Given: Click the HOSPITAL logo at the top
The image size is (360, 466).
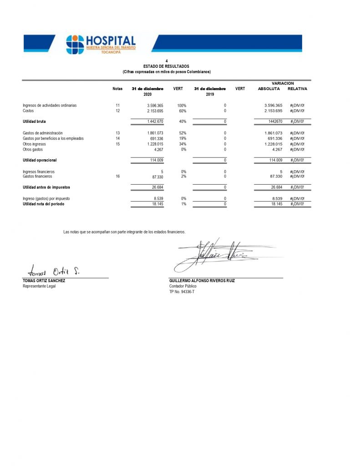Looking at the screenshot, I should (101, 45).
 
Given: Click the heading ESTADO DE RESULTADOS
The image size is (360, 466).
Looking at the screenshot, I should (166, 66).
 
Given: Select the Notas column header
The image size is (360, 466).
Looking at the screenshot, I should (117, 89).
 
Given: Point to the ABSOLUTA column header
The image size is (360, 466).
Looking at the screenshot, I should (269, 89).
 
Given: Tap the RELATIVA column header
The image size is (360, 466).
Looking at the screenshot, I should (298, 89).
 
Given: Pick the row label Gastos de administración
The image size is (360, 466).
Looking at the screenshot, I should (43, 133).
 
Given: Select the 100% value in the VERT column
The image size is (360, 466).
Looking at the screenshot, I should (182, 106).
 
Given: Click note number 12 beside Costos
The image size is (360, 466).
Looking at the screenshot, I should (117, 111).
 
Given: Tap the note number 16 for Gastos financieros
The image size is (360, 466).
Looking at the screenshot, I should (117, 176).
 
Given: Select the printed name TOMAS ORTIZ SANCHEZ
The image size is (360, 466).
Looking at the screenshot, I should (44, 281).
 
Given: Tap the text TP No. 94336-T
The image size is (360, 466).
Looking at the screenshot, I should (182, 292).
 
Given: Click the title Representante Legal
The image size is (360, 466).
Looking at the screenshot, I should (39, 286).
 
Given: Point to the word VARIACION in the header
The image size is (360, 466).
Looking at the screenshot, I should (283, 83).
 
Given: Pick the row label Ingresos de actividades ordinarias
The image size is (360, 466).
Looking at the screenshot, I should (50, 106).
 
